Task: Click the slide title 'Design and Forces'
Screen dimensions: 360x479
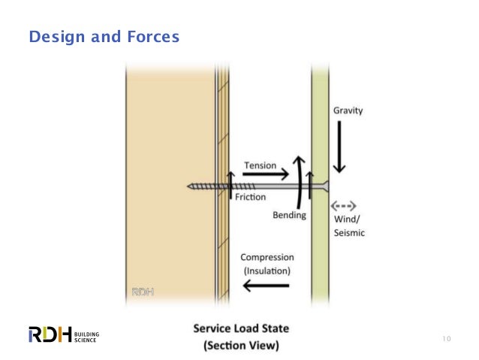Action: [104, 36]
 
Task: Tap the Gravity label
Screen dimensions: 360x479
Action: [348, 110]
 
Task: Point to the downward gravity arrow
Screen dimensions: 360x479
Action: [339, 147]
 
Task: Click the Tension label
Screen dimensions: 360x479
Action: [260, 165]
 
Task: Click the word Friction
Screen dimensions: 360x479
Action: [250, 197]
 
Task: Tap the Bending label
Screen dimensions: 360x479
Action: [289, 216]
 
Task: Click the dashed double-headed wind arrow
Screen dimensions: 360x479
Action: [346, 204]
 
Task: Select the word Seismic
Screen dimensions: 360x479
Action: [349, 233]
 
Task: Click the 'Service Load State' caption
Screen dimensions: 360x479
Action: [241, 329]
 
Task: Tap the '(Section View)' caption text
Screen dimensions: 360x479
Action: [241, 346]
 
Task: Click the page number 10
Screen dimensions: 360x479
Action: [446, 339]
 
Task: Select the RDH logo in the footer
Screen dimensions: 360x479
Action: [50, 334]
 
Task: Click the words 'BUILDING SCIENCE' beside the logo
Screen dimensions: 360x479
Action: [87, 335]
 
